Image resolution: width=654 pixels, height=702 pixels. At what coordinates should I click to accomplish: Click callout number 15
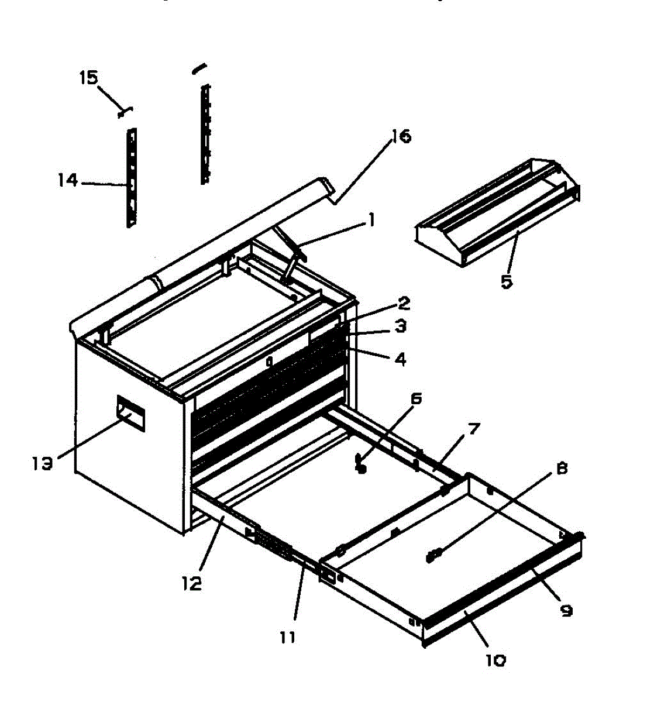coord(88,78)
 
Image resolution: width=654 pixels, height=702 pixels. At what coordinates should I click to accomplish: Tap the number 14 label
coord(68,180)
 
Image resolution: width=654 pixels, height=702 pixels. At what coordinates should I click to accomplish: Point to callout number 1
coord(370,221)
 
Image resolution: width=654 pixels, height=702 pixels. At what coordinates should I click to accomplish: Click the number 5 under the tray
coord(506,281)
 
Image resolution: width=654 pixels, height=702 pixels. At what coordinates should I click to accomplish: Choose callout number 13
coord(42,463)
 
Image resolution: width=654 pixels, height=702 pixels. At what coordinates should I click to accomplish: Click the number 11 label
coord(287,636)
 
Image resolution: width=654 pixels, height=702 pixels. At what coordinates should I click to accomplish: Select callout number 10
coord(495,660)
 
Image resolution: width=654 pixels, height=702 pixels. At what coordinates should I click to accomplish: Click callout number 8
coord(561,469)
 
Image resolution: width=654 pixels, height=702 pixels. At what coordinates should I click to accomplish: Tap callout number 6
coord(416,398)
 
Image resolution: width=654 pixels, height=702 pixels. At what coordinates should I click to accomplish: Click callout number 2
coord(403,303)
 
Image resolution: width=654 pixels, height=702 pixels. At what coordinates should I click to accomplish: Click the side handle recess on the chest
coord(131,413)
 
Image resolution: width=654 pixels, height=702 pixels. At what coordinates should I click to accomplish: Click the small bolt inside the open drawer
coord(435,555)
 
